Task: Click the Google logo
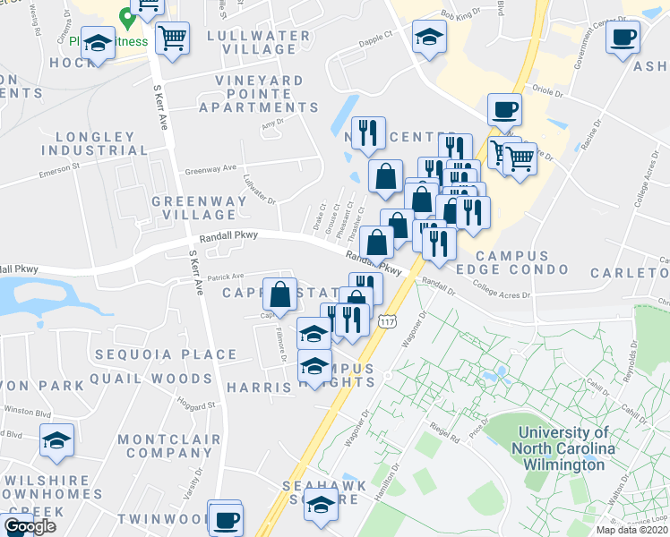(x=30, y=526)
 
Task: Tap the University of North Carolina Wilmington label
(x=564, y=447)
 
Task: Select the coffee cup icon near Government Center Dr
(x=623, y=38)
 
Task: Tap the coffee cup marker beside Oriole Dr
(x=504, y=110)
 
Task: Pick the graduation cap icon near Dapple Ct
(x=429, y=38)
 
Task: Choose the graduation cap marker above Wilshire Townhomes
(x=57, y=441)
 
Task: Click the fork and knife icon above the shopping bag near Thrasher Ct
(x=368, y=134)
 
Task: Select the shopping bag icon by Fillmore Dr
(x=280, y=294)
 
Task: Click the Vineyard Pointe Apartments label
(x=258, y=94)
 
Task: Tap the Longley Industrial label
(x=94, y=143)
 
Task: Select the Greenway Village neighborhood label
(x=199, y=208)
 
